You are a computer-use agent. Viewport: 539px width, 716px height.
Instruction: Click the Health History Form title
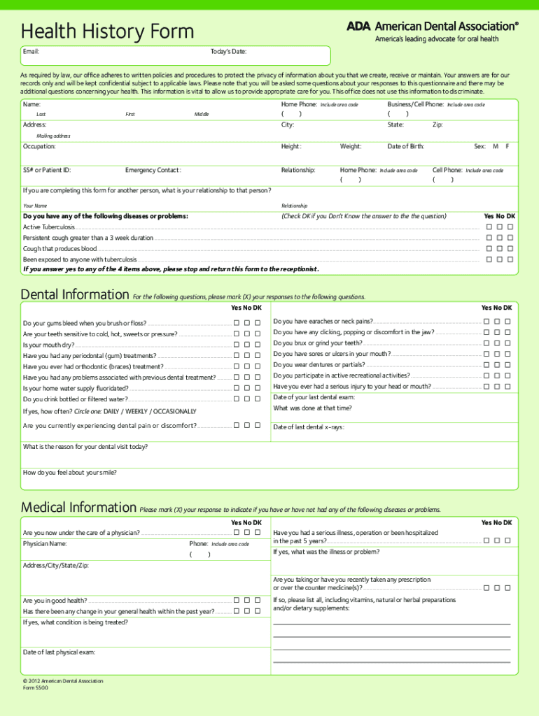[107, 31]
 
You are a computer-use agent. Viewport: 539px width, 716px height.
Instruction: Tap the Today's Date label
[228, 52]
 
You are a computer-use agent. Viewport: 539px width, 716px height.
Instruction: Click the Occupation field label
[39, 147]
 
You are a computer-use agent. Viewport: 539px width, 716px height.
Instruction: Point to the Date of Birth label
[405, 147]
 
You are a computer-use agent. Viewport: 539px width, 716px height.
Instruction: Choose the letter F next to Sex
[507, 147]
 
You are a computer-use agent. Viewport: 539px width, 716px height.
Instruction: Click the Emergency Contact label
[153, 170]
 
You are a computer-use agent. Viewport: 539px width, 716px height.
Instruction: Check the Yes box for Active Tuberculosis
[489, 227]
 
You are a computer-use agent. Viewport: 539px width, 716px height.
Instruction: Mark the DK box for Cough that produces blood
[510, 248]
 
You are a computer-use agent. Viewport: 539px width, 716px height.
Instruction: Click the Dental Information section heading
[75, 294]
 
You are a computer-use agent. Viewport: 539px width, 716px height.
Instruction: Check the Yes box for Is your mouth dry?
[237, 345]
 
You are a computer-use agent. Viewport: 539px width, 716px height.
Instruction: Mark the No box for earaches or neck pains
[497, 321]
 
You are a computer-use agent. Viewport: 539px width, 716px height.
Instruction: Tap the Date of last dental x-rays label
[309, 427]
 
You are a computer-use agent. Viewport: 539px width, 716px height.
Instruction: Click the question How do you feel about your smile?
[70, 473]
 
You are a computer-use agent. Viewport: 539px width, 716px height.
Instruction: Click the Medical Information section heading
[78, 507]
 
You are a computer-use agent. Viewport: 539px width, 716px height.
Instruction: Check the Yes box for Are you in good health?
[237, 600]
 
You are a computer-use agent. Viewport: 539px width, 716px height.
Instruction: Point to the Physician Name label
[45, 543]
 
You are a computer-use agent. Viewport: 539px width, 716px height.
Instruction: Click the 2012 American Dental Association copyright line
[63, 680]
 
